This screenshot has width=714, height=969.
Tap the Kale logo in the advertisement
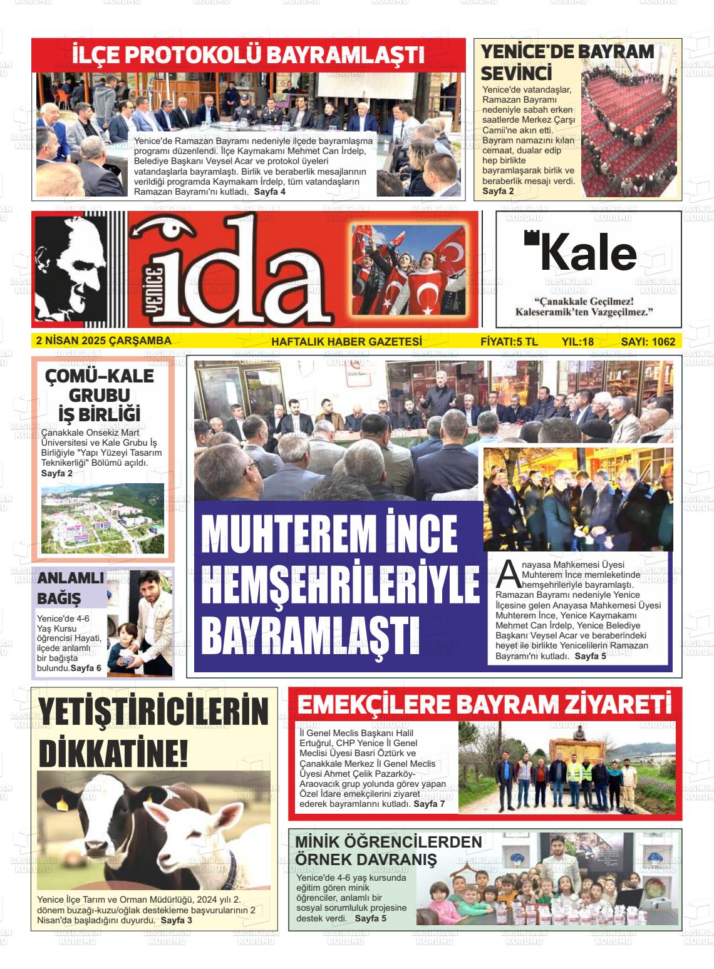pos(581,252)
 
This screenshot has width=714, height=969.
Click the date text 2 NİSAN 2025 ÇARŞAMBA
pos(104,341)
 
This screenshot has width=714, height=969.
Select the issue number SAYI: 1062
pos(648,341)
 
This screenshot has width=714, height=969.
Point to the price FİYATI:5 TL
pos(509,341)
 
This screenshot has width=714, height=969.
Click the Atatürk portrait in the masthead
pos(70,269)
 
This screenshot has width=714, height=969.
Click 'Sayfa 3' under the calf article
pos(177,920)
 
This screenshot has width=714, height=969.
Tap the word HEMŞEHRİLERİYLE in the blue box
pos(341,582)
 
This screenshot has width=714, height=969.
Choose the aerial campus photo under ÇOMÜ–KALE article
pos(103,518)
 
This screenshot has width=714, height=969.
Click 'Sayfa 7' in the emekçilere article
pos(429,804)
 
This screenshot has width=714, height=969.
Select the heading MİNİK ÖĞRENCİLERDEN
pos(388,842)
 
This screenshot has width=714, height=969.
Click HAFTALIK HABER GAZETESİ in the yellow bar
pos(346,341)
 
